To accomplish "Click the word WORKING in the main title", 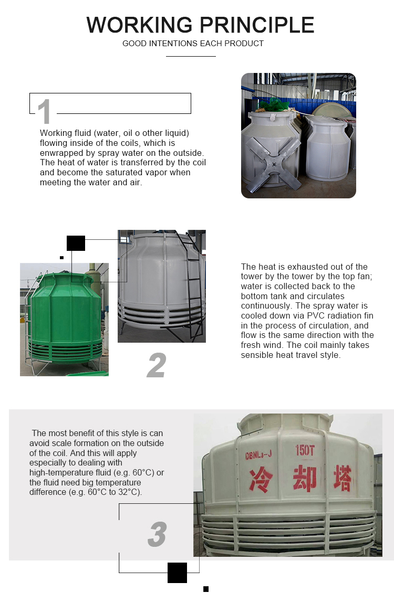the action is pyautogui.click(x=139, y=25).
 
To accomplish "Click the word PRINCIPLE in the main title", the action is pyautogui.click(x=257, y=25).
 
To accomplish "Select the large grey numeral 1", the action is pyautogui.click(x=45, y=111).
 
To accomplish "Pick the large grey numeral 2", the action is pyautogui.click(x=157, y=365).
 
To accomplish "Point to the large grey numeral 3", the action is pyautogui.click(x=157, y=534).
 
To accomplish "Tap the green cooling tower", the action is pyautogui.click(x=64, y=319).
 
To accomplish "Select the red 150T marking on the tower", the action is pyautogui.click(x=305, y=450).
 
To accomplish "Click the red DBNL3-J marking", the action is pyautogui.click(x=258, y=455).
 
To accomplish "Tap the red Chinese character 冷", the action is pyautogui.click(x=261, y=480).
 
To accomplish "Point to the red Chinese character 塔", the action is pyautogui.click(x=343, y=478).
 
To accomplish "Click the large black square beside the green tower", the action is pyautogui.click(x=76, y=244).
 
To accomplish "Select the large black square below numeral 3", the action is pyautogui.click(x=177, y=573).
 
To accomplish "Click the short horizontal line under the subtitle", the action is pyautogui.click(x=191, y=57).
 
